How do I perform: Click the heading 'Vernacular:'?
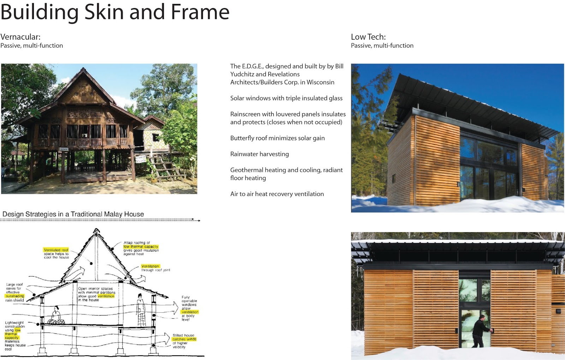[20, 37]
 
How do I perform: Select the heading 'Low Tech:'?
[368, 37]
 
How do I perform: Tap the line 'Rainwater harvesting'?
[259, 154]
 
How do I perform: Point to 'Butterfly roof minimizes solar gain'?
[277, 138]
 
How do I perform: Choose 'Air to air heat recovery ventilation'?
[277, 194]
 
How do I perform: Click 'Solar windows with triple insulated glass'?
[286, 98]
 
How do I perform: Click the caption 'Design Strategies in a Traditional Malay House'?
[73, 214]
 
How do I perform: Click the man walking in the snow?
[481, 332]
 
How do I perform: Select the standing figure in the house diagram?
[141, 310]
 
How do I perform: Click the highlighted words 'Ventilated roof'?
[56, 250]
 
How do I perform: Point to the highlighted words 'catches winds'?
[184, 339]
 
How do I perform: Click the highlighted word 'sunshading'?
[15, 296]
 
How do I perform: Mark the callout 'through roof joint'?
[155, 270]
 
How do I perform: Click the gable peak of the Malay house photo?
[83, 68]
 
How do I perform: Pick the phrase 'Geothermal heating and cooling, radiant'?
[286, 170]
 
